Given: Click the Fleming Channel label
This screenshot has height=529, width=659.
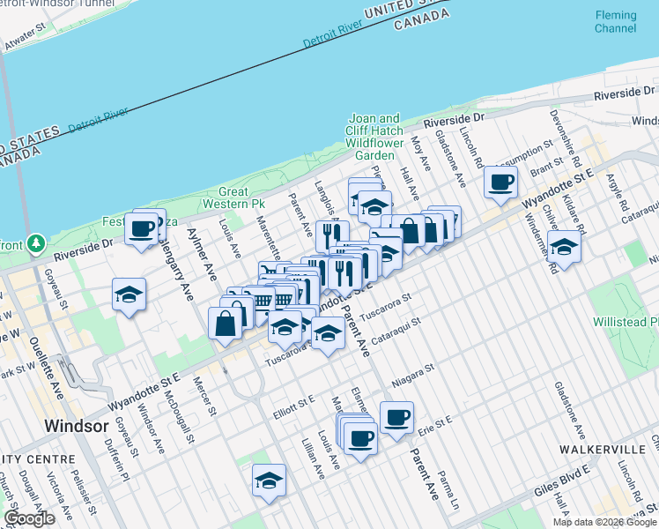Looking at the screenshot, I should (x=615, y=22).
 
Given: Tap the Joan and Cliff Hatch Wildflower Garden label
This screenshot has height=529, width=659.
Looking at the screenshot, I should (x=374, y=137).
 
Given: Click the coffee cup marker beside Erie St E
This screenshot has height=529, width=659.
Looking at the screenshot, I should (x=396, y=417).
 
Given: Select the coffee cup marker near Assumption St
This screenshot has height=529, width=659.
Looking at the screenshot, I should (x=500, y=183).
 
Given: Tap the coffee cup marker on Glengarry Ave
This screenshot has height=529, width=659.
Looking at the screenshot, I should (x=141, y=230).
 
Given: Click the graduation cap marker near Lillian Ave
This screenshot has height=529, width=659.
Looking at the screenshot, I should (x=268, y=481).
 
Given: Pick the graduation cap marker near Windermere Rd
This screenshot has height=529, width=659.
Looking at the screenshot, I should (x=564, y=247).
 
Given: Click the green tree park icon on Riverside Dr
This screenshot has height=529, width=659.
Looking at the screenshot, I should (x=36, y=242).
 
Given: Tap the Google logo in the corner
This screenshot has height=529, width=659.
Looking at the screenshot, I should (x=28, y=518).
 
